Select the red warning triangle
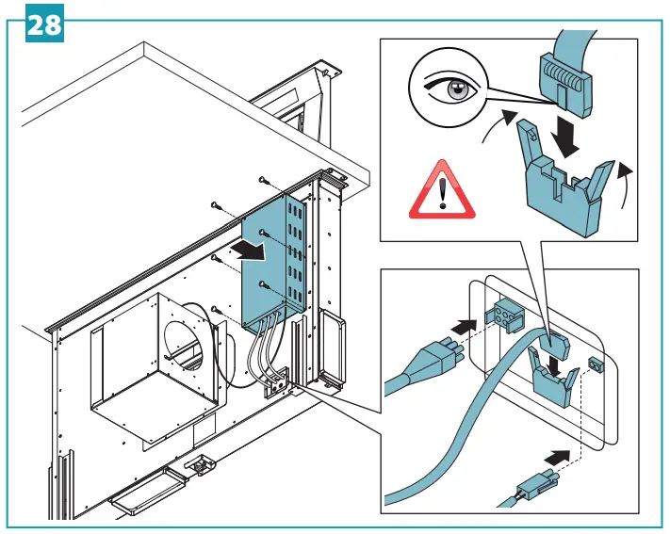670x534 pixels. pos(439,191)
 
